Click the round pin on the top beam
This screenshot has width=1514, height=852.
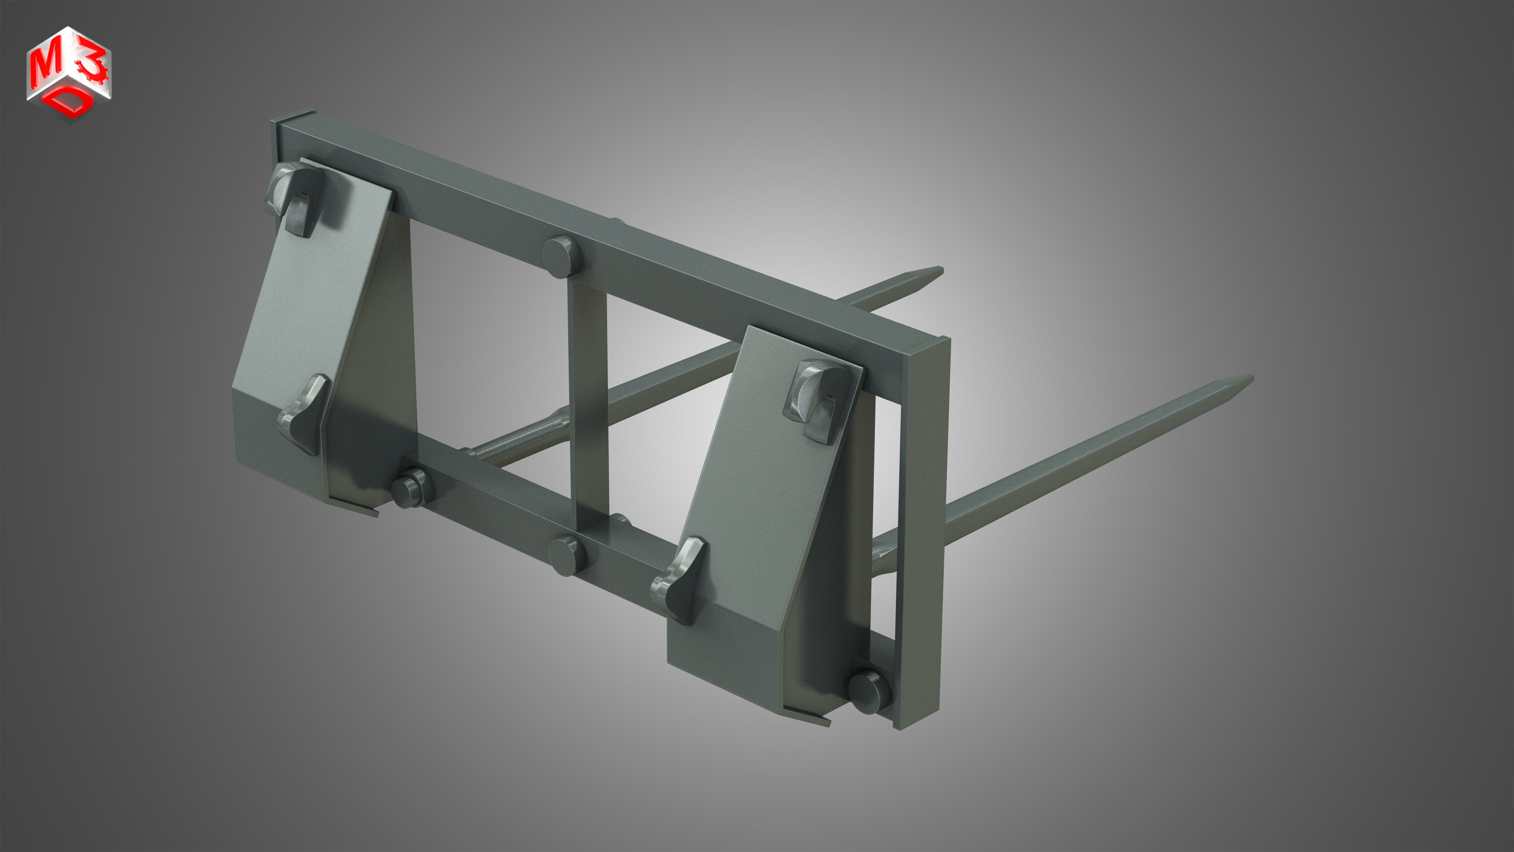[x=561, y=257]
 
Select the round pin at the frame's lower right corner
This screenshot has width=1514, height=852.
[x=867, y=692]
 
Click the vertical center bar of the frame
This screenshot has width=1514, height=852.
[x=587, y=400]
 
